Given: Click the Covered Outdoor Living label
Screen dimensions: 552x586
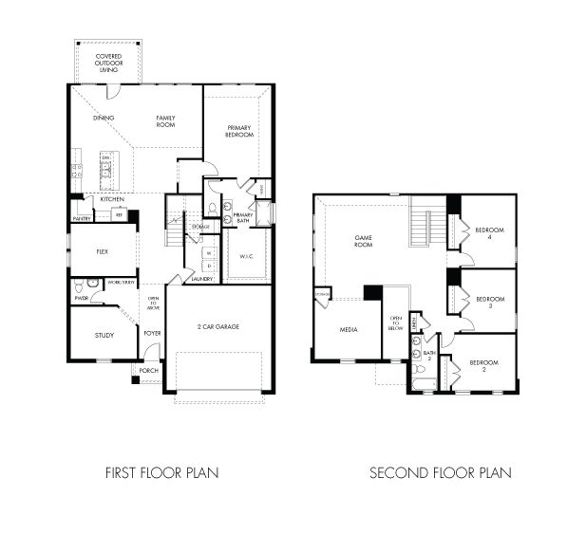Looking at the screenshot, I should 108,63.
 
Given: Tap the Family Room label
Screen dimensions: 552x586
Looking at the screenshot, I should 168,120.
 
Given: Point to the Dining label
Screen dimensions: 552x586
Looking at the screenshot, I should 104,118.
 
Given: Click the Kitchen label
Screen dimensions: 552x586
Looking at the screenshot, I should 112,199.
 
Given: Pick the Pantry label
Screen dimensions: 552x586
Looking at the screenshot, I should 82,219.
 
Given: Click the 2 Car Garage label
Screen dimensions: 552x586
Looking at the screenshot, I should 219,326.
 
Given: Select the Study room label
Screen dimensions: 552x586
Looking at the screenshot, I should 104,335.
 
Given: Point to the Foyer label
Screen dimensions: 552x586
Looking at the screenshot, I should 152,333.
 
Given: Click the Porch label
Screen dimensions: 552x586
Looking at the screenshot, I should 149,370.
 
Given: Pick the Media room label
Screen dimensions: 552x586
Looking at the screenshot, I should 348,329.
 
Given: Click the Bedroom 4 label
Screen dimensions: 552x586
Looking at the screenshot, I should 489,233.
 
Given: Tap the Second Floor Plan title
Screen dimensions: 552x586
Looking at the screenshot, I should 441,472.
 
